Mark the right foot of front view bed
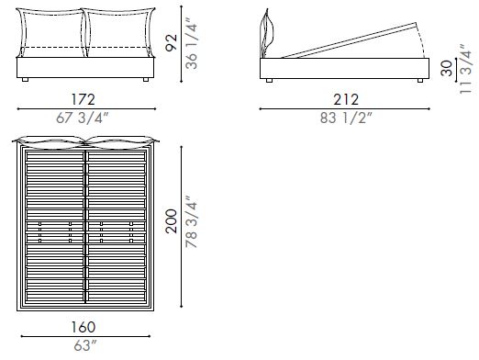pyautogui.click(x=144, y=83)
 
